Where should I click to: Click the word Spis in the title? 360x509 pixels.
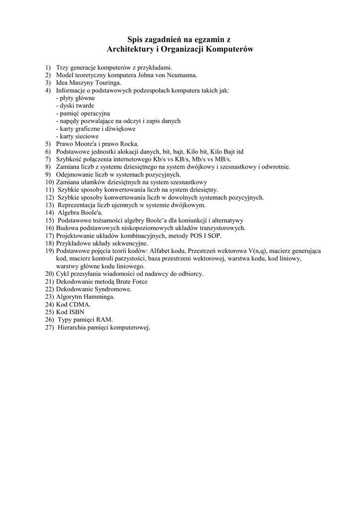tap(136, 39)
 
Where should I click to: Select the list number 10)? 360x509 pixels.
tap(49, 182)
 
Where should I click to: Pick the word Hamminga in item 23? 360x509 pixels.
tap(98, 297)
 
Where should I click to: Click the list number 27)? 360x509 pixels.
tap(49, 327)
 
